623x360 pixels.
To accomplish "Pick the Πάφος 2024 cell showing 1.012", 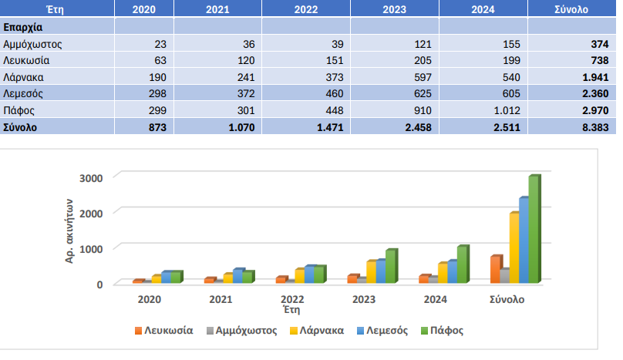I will (x=505, y=109).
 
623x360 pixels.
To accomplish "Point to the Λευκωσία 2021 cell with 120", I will (x=243, y=61).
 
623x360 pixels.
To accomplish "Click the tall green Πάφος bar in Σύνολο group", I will (x=534, y=229).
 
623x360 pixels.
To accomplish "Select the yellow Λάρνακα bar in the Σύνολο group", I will (x=514, y=247).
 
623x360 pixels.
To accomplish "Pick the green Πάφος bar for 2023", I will (x=390, y=266).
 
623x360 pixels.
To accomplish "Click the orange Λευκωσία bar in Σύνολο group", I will (x=495, y=269).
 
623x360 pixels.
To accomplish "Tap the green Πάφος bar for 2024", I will (x=462, y=264).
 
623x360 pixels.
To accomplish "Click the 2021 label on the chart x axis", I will (x=221, y=299).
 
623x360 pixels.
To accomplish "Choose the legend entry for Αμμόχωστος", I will (x=242, y=331).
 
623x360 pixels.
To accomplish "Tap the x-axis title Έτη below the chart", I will (x=291, y=310).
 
